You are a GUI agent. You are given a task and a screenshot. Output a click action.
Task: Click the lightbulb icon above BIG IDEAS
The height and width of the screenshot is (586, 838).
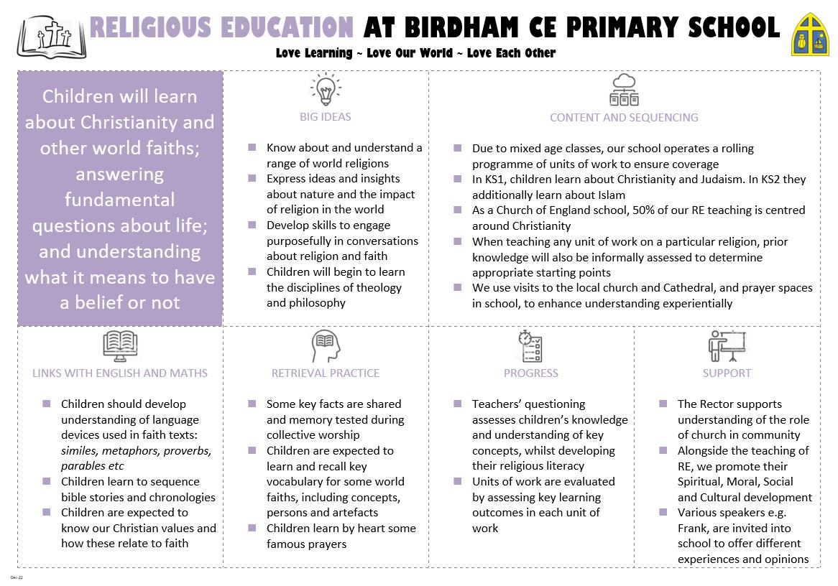tap(326, 90)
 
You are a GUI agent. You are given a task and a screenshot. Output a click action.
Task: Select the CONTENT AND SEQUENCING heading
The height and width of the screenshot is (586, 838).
tap(624, 117)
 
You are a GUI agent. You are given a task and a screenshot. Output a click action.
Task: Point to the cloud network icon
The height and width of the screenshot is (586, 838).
tap(624, 89)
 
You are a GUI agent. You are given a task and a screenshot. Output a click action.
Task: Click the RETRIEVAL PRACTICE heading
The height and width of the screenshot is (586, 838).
tap(326, 373)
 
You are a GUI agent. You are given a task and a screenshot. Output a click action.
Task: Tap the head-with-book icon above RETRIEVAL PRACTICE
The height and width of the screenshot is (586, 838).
tap(326, 347)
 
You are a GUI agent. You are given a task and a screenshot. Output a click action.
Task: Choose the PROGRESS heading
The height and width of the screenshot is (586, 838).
tap(531, 373)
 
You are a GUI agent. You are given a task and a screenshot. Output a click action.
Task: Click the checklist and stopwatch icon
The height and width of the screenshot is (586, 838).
tap(530, 346)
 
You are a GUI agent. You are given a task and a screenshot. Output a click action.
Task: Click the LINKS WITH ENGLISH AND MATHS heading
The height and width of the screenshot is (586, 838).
tap(120, 373)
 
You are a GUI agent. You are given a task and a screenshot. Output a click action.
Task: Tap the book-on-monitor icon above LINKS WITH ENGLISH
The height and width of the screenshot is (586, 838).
tap(120, 346)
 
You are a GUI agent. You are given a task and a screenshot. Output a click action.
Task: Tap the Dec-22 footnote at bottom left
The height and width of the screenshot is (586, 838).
tap(17, 577)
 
